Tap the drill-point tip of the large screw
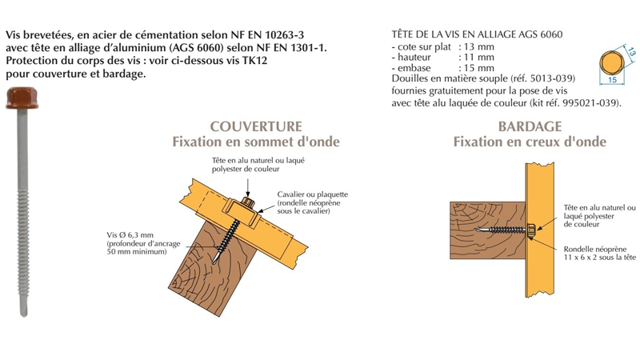24,311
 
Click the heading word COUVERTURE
256,126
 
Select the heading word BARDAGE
530,126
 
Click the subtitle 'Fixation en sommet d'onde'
256,142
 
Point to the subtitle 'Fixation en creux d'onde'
530,142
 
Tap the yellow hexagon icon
612,63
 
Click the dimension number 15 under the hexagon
612,80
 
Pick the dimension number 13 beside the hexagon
631,54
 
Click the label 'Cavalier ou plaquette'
312,194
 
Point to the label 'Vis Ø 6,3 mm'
132,235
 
